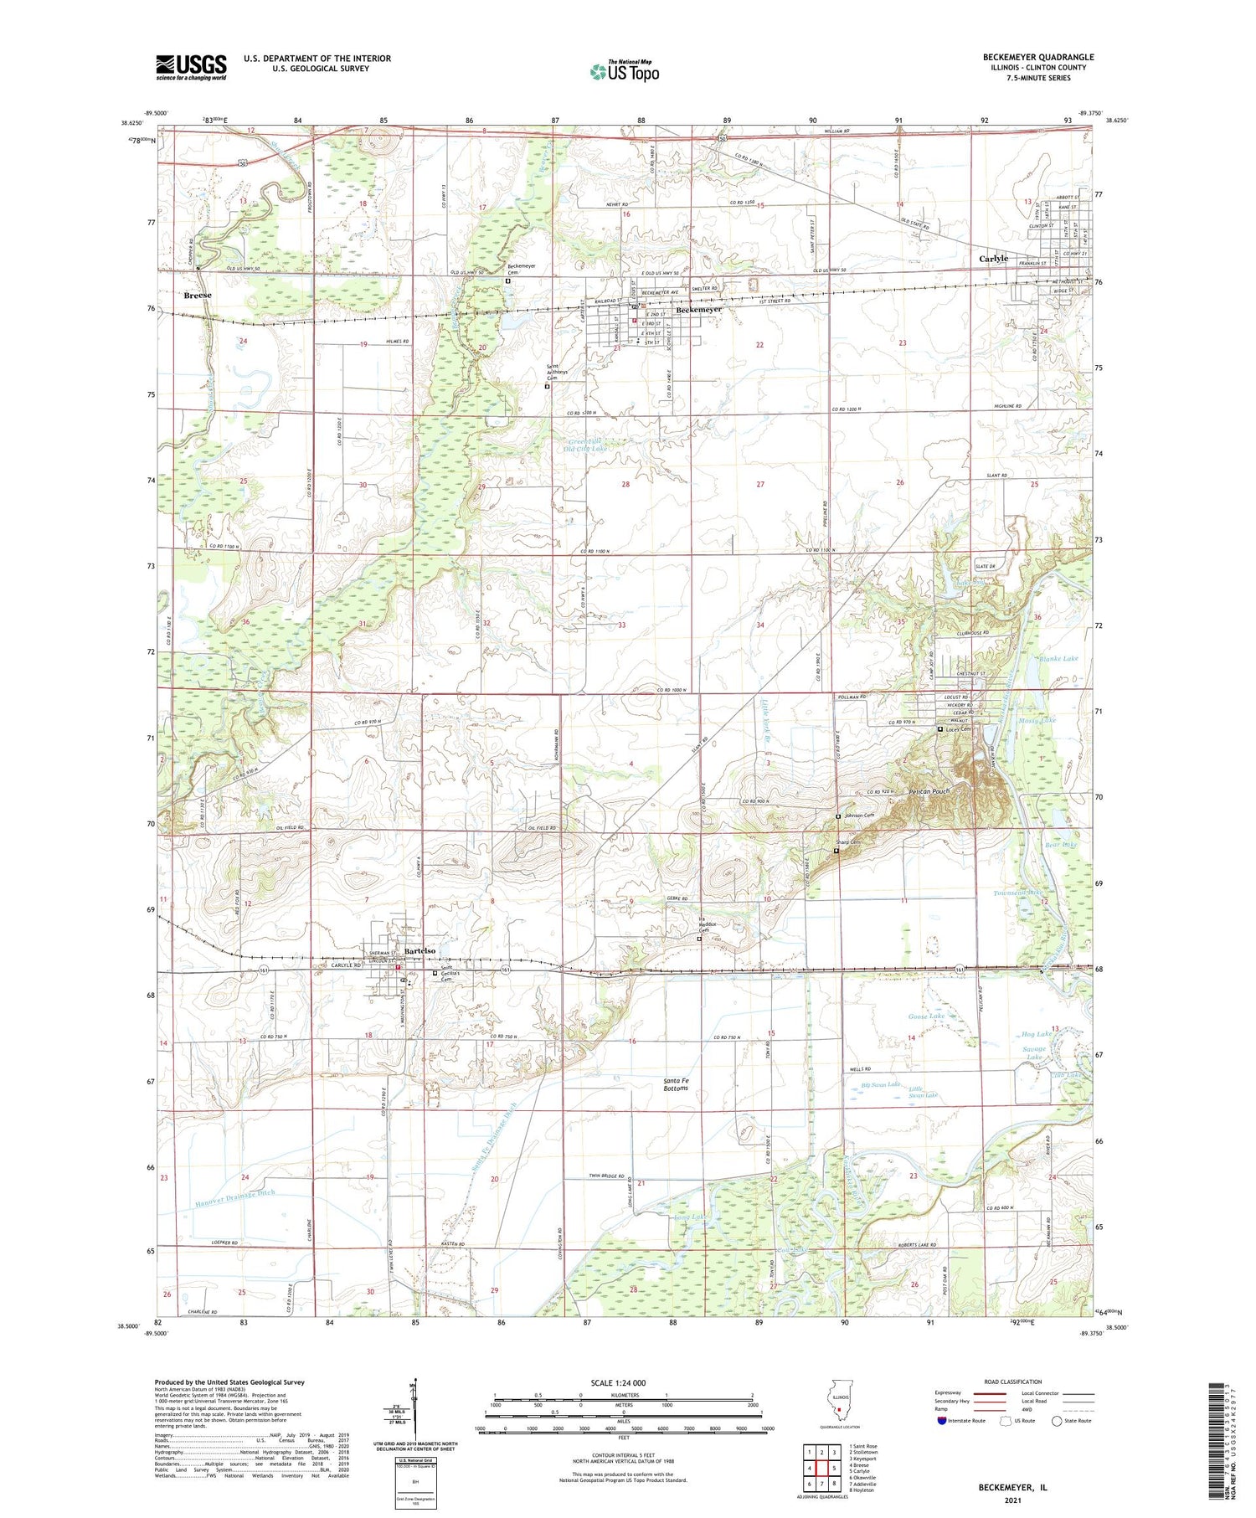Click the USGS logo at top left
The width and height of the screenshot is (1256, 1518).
[191, 67]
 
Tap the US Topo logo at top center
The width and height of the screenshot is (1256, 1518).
[624, 72]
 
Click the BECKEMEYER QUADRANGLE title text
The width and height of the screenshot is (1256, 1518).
[1038, 57]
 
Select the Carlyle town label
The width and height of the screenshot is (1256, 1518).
[994, 259]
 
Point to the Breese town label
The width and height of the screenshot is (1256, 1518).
[198, 296]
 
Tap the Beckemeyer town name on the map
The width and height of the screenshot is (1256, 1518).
[698, 310]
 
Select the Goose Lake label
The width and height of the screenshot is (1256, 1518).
[926, 1016]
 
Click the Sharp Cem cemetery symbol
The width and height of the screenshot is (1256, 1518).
[836, 851]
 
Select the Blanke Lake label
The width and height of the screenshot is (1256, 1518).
[1058, 659]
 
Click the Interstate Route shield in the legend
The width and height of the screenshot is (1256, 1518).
[941, 1421]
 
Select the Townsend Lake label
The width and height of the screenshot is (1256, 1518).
[1018, 893]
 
